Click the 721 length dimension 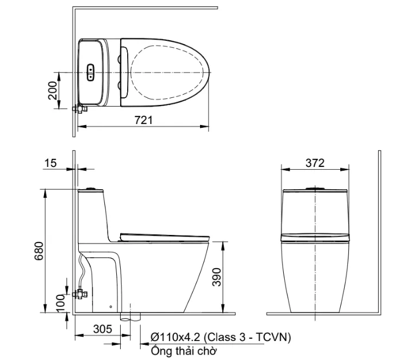[143, 120]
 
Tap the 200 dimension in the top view [52, 90]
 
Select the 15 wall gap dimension [51, 163]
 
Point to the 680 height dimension [39, 251]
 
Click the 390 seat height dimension [217, 277]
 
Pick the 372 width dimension [315, 163]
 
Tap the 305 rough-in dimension [103, 328]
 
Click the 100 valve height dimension [60, 303]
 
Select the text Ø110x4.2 [176, 337]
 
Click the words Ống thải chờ [184, 351]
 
